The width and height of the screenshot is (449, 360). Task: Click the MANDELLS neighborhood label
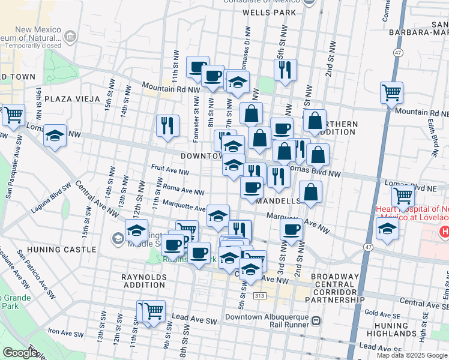point(278,201)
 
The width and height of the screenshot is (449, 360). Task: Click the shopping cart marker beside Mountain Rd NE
point(391,94)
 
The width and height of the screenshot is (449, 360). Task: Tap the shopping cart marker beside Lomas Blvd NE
point(402,196)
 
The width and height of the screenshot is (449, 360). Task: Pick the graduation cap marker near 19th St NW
point(55,136)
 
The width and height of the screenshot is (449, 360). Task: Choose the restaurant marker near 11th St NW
point(167,125)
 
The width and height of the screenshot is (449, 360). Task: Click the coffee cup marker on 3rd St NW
point(292,229)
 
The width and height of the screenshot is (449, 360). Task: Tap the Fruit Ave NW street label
point(170,172)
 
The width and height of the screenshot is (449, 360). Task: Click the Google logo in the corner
point(20,353)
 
